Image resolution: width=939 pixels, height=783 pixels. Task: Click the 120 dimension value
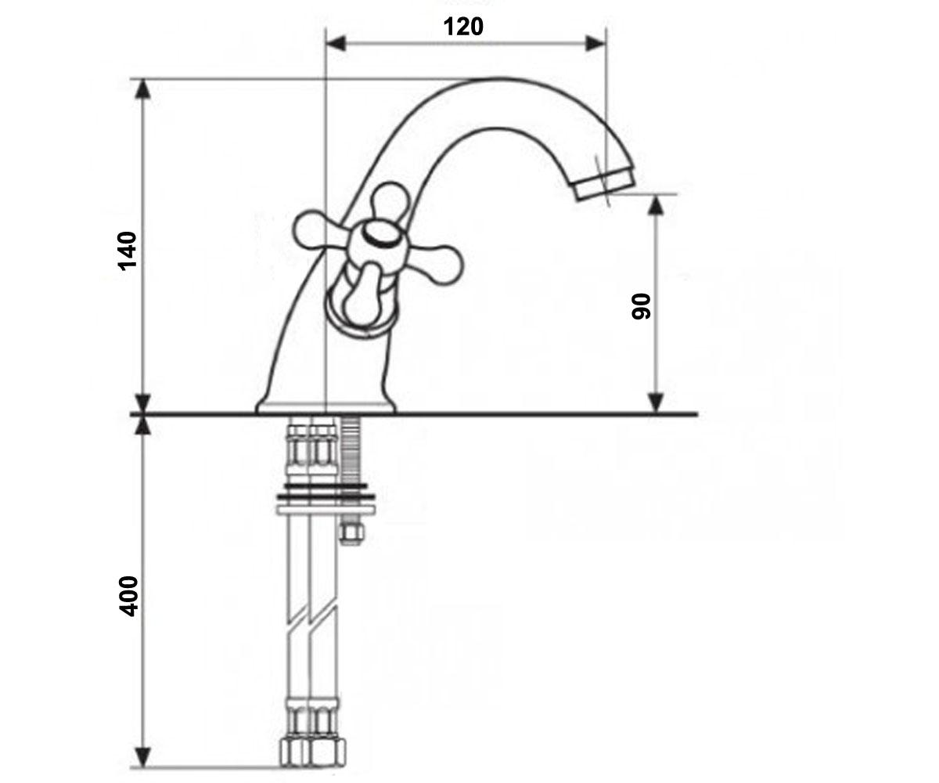[x=463, y=27]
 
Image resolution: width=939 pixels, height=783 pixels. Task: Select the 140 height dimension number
[x=128, y=251]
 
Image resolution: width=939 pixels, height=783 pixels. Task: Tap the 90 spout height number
[x=641, y=306]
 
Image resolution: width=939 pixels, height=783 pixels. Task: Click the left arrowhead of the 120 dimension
[x=336, y=44]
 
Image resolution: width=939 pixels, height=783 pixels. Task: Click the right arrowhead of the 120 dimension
[x=595, y=44]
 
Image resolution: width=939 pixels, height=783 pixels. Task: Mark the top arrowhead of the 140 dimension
[x=143, y=88]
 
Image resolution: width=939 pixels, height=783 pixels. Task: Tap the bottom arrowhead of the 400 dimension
[x=143, y=757]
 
